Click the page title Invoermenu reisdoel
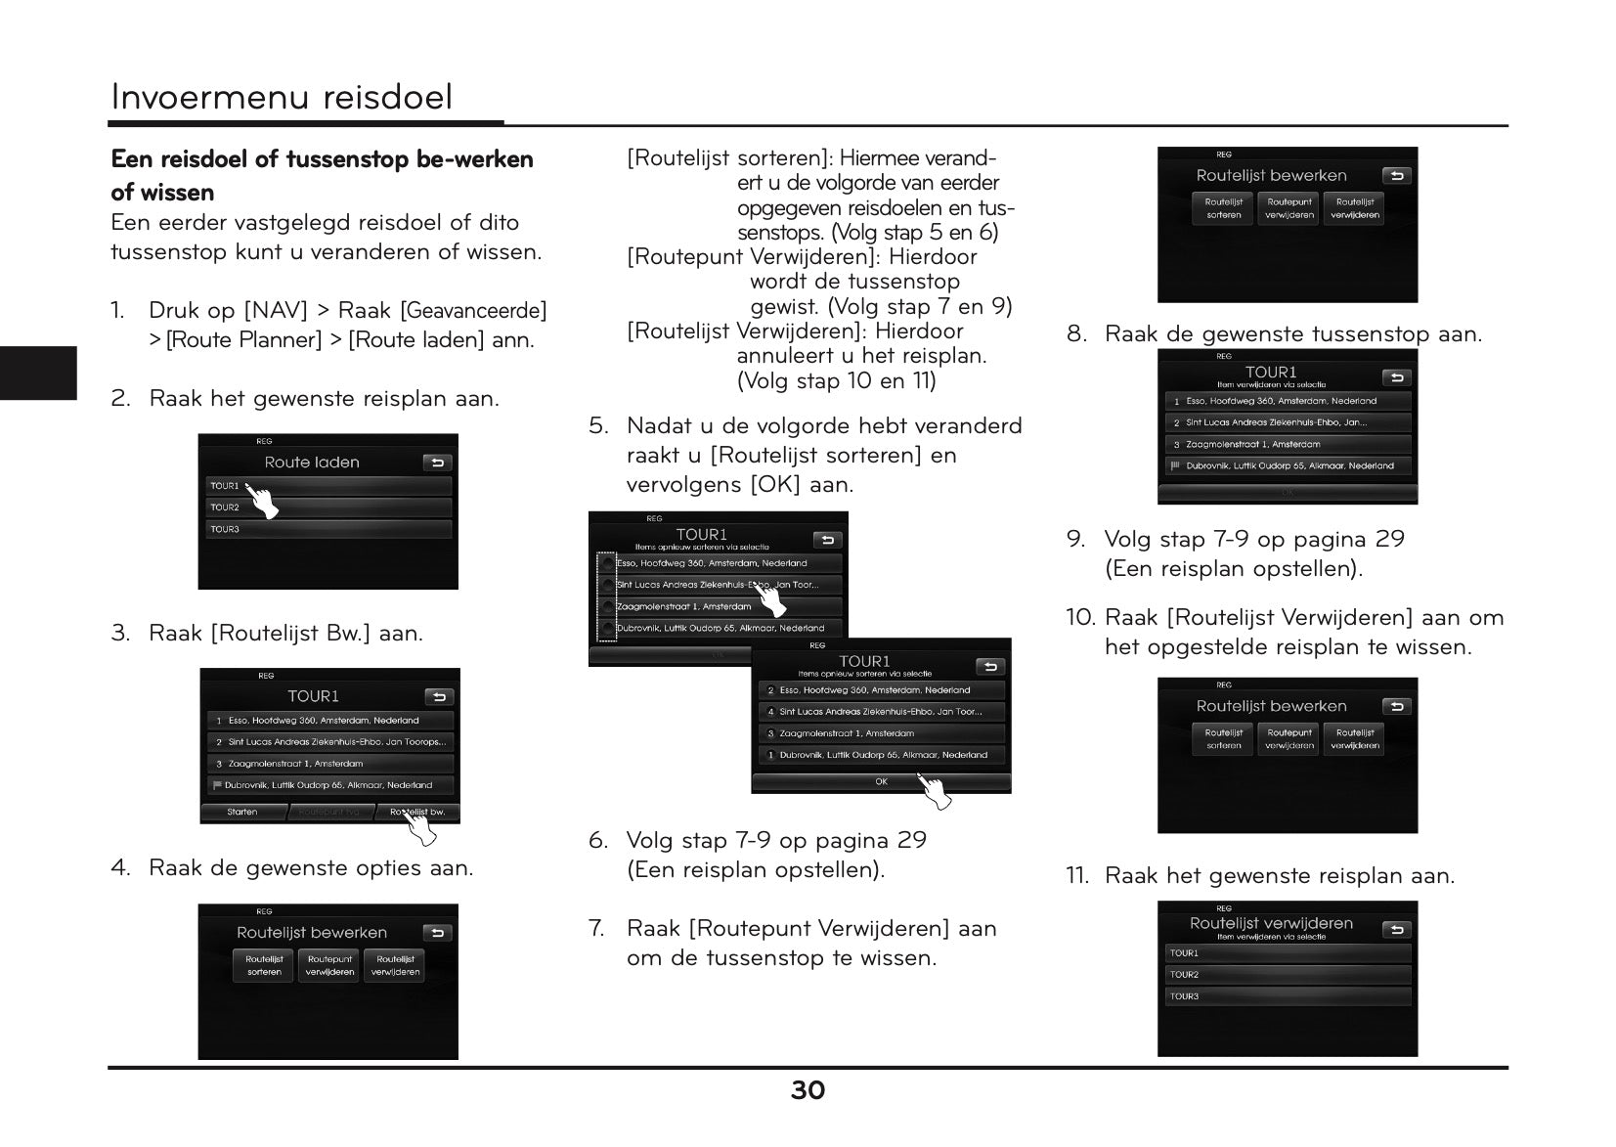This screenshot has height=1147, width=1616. click(282, 97)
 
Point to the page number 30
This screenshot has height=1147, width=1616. click(808, 1090)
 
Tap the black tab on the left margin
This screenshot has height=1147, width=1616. click(38, 373)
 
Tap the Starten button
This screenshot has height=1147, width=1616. click(242, 812)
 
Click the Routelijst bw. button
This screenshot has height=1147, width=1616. click(416, 812)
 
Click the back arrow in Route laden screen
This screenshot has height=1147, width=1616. click(437, 463)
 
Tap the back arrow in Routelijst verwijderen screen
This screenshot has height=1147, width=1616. click(1396, 930)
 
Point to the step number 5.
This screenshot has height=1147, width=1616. click(597, 426)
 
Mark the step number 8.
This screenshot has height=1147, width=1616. click(1075, 334)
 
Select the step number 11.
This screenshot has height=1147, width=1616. click(1076, 876)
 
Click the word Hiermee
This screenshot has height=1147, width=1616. click(879, 158)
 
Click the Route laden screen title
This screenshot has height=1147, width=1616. click(312, 463)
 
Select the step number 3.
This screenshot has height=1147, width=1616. click(119, 634)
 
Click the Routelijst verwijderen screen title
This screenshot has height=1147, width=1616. click(1271, 923)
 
